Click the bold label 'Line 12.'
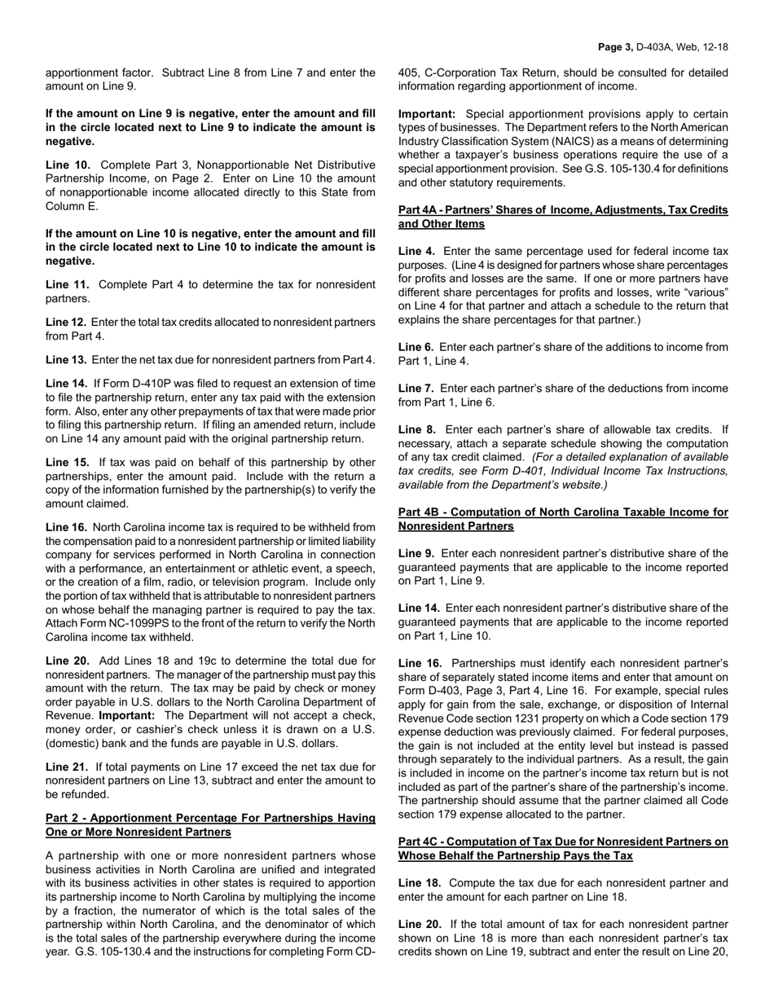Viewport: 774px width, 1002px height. (x=66, y=322)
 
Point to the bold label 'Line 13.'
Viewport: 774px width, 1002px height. (x=66, y=359)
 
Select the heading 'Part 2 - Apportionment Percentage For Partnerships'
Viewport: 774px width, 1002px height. (x=210, y=818)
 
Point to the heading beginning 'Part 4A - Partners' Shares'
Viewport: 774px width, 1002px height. (x=563, y=210)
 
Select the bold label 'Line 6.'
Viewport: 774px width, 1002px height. (x=416, y=347)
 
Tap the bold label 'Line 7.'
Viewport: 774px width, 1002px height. (x=416, y=389)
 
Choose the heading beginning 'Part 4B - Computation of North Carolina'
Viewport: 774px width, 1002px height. (x=563, y=512)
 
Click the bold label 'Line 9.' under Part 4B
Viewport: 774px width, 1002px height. (x=416, y=553)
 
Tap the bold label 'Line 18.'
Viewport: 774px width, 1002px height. (x=419, y=883)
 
